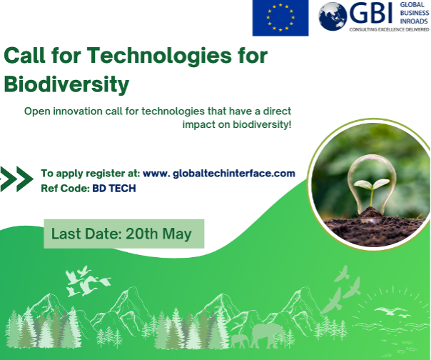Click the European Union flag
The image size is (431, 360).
(280, 18)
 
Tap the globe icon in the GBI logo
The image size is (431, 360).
(333, 16)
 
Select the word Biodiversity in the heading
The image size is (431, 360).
(66, 85)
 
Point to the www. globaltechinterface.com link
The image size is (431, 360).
(219, 174)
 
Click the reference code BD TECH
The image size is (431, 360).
(114, 189)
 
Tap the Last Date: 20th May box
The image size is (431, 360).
(124, 234)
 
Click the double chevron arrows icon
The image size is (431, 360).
(16, 179)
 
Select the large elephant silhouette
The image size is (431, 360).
(266, 335)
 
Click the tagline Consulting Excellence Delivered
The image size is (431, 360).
(389, 29)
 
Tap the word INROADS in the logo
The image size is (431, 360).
(414, 21)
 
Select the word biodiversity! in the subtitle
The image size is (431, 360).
(262, 124)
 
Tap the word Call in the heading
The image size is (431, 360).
(25, 55)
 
